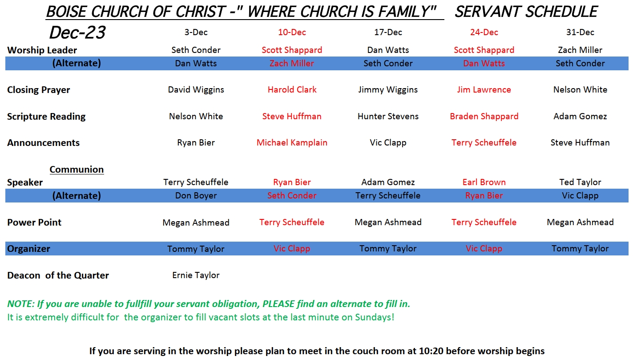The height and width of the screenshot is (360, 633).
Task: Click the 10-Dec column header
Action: tap(292, 32)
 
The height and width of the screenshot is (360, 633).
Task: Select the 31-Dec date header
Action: tap(580, 32)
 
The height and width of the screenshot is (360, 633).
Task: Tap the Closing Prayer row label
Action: tap(38, 90)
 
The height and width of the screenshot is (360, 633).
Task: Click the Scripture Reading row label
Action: tap(46, 117)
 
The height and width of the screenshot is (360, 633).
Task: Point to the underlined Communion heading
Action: tap(77, 170)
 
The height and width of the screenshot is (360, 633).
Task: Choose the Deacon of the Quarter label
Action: tap(58, 275)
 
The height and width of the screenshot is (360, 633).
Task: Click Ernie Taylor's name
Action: tap(196, 275)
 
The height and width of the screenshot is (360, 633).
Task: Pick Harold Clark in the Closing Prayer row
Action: tap(292, 89)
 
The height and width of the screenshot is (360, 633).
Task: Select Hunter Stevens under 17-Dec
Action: tap(388, 116)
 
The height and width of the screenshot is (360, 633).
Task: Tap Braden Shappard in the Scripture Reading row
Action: tap(484, 116)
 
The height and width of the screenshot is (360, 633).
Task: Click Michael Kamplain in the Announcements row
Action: tap(292, 142)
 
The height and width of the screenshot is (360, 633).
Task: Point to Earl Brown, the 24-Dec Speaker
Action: tap(484, 182)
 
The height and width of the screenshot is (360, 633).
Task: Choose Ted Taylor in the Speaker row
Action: tap(580, 182)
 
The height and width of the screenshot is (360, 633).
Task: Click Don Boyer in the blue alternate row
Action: tap(196, 195)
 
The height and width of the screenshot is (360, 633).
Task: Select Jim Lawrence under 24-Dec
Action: tap(484, 89)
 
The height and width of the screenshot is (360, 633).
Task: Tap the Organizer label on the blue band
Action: tap(28, 249)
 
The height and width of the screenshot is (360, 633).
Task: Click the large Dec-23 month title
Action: tap(77, 32)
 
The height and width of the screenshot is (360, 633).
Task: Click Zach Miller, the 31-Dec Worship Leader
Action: tap(580, 50)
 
